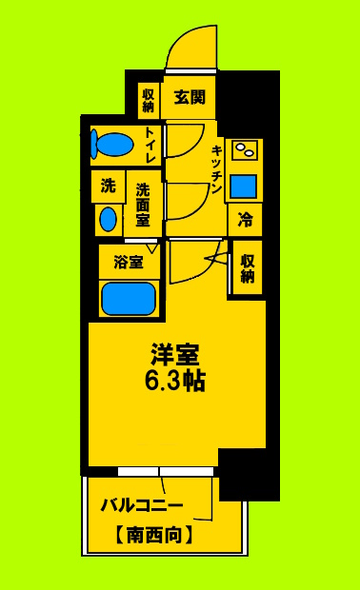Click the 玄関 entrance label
[x=188, y=97]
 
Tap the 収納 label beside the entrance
[x=149, y=100]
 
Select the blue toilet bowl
[x=113, y=145]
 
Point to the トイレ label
[x=150, y=146]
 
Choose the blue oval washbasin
[x=108, y=220]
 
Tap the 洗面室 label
[x=142, y=205]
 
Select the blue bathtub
[x=129, y=299]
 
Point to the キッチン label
[x=217, y=170]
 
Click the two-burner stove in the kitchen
[x=245, y=150]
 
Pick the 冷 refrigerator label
[x=245, y=220]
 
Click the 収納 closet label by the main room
[x=248, y=268]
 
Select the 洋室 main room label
[x=175, y=354]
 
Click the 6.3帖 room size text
[x=176, y=382]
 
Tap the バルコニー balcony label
[x=142, y=505]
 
